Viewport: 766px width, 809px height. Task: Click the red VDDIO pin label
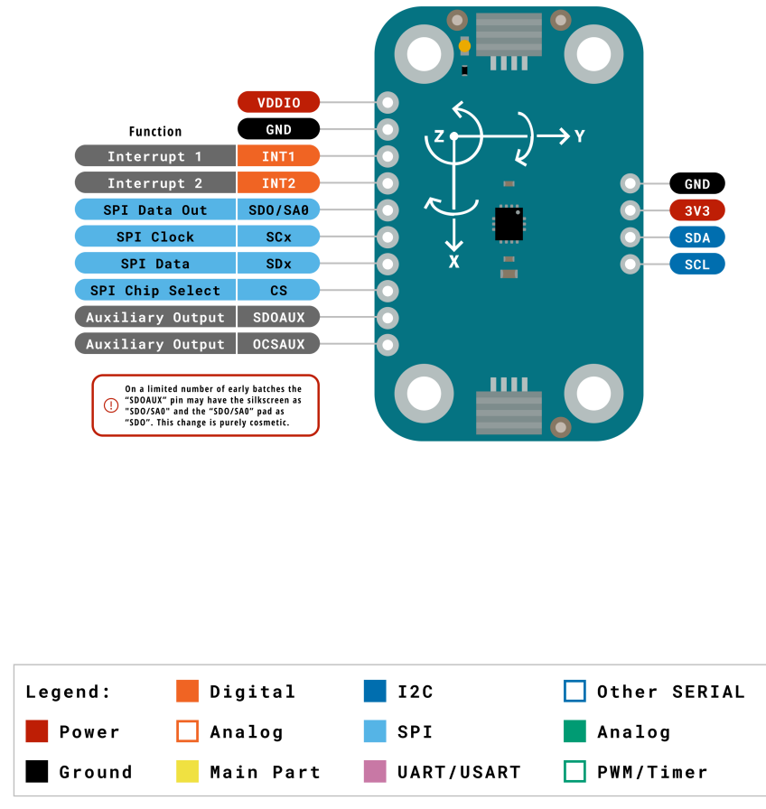[x=278, y=102]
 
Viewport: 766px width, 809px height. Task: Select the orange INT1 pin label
[x=278, y=156]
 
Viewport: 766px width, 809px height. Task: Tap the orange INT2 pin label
[x=278, y=183]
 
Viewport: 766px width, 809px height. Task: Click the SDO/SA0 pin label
[x=278, y=210]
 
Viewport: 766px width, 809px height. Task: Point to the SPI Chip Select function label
[x=155, y=291]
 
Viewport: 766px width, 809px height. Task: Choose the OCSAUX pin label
[x=278, y=344]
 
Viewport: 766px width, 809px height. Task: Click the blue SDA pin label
[x=697, y=237]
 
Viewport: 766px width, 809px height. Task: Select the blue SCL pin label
[x=697, y=265]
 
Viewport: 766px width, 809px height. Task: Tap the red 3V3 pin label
[x=697, y=210]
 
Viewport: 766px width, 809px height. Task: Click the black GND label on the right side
[x=697, y=183]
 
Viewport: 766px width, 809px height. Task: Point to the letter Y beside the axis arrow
[x=580, y=136]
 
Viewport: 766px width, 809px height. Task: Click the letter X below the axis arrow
[x=454, y=262]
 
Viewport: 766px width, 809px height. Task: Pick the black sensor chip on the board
[x=509, y=223]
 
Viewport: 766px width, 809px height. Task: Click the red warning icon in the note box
[x=111, y=405]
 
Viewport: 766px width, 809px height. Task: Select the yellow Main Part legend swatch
[x=187, y=772]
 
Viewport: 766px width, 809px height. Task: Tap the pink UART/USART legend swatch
[x=375, y=772]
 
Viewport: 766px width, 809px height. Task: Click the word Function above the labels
[x=155, y=131]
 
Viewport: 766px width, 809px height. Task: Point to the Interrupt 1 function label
[x=155, y=156]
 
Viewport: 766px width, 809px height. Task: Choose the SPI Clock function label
[x=155, y=237]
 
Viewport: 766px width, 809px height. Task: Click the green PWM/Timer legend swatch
[x=574, y=772]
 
